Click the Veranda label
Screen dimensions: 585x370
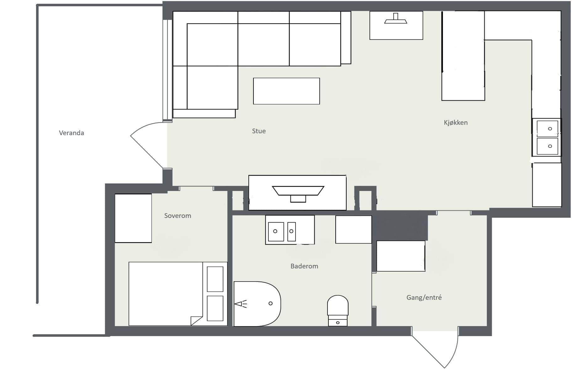pos(72,133)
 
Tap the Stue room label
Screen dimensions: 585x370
pos(259,131)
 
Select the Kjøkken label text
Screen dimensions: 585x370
pos(456,123)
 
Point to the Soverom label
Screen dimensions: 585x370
pos(178,216)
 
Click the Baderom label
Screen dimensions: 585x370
pos(304,266)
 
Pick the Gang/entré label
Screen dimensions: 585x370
pos(424,298)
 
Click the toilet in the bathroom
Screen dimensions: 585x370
pos(338,310)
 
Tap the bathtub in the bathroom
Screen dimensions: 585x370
pos(257,304)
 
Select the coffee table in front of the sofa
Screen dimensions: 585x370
pos(286,91)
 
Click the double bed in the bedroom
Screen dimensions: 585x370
pos(178,294)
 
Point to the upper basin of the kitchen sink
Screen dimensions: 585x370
pos(547,128)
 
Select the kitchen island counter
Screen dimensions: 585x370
pos(463,56)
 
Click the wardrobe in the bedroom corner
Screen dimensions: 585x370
pos(133,218)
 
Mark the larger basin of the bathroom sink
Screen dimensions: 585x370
pos(276,232)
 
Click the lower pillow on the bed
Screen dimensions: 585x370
pos(215,308)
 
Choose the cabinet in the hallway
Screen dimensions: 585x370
pos(401,256)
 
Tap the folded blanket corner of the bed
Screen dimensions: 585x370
pos(197,321)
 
